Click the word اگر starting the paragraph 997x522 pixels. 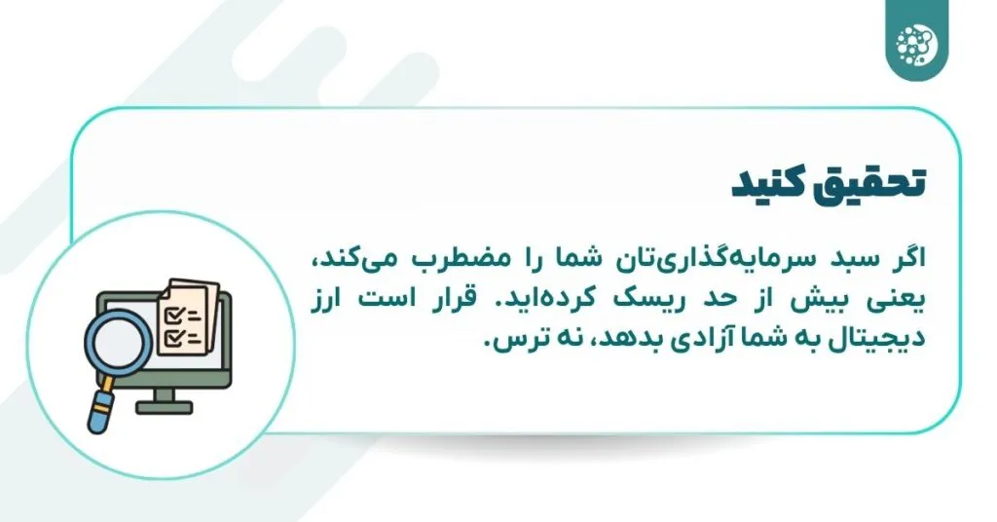[x=910, y=262]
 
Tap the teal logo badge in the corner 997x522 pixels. [x=916, y=40]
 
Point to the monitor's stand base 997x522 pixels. [x=164, y=408]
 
